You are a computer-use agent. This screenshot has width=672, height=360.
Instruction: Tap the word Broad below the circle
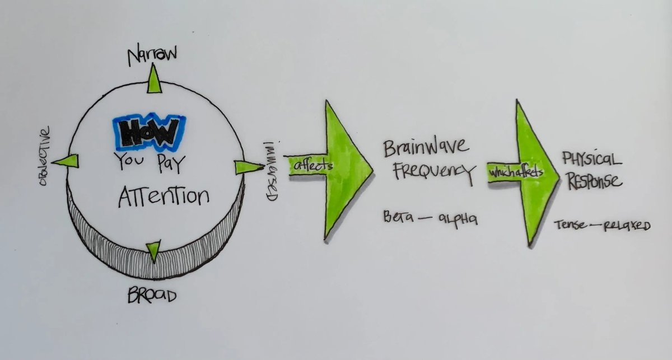[152, 295]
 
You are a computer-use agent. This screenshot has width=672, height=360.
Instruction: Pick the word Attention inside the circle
[164, 197]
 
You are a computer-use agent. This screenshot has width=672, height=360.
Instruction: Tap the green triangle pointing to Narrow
[153, 81]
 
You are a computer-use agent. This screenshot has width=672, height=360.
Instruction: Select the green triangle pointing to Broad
[152, 251]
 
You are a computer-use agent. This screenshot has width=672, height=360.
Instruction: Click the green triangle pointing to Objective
[67, 161]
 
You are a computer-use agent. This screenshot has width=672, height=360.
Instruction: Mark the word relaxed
[626, 226]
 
